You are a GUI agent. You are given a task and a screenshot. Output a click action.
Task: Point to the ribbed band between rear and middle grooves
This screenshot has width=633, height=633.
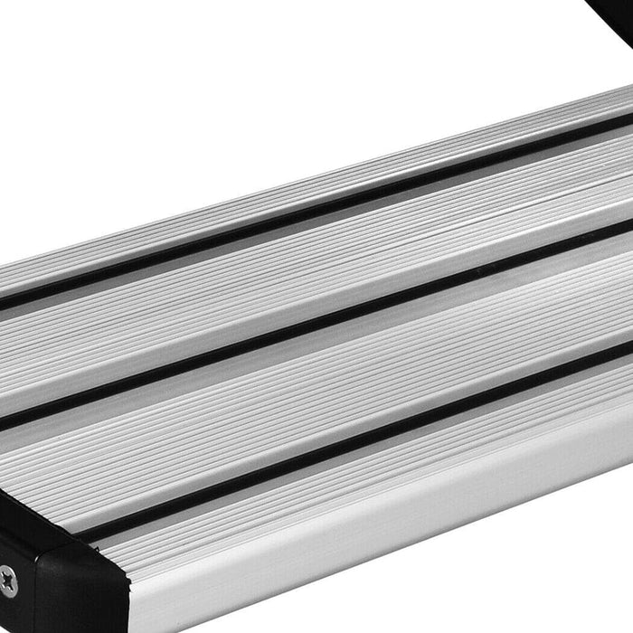[x=316, y=262]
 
